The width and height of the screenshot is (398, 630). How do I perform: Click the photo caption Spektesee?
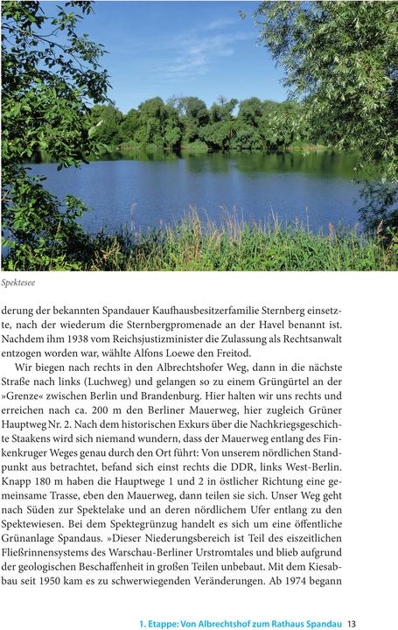(x=18, y=283)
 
